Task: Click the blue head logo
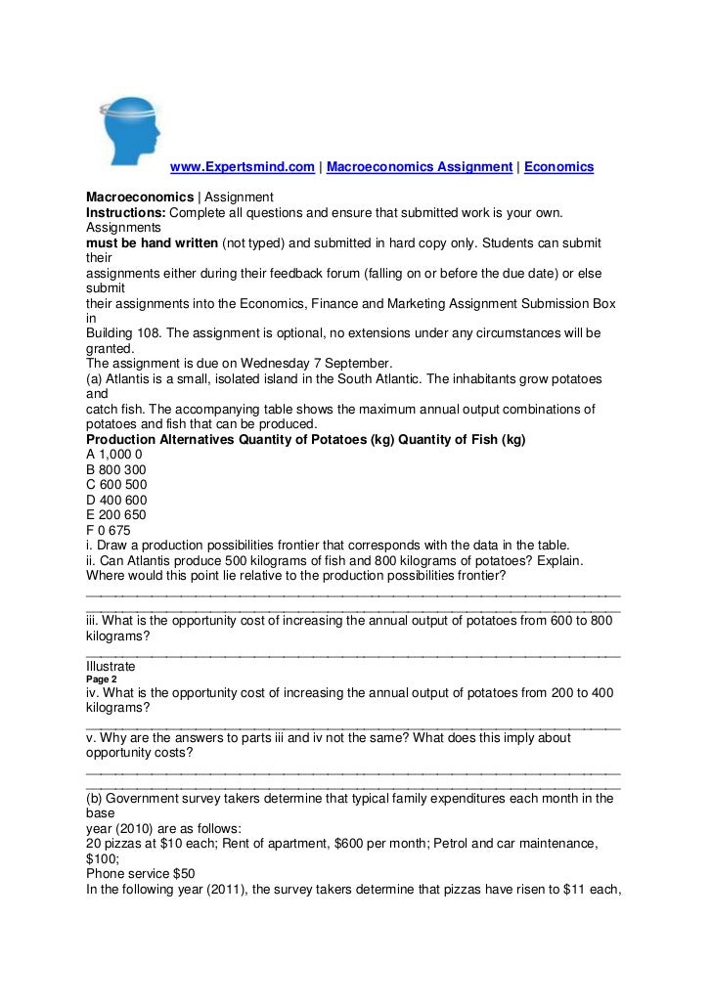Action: [x=131, y=131]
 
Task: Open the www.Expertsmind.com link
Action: [x=243, y=167]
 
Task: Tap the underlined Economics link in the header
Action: [x=558, y=167]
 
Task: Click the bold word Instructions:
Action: [x=126, y=212]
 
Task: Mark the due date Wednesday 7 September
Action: [x=307, y=362]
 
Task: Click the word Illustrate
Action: [x=111, y=667]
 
